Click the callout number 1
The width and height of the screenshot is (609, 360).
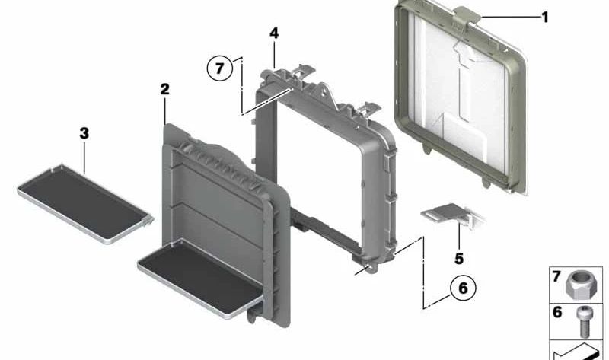pos(544,17)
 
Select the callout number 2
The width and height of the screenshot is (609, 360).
pos(164,89)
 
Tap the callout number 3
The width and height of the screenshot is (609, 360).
pos(84,133)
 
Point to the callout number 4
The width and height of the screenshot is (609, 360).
pos(274,33)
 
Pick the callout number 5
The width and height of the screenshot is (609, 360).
pos(459,258)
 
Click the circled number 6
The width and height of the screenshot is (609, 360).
pos(463,288)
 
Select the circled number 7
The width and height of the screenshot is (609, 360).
pos(220,68)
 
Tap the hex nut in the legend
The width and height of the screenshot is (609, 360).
pos(577,285)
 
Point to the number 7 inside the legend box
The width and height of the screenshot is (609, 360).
pos(556,276)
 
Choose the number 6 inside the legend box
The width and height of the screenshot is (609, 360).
pos(557,312)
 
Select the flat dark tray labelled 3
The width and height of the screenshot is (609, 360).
pos(85,204)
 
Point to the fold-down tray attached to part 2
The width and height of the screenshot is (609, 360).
pos(201,279)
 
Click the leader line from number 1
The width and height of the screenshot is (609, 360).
pos(510,17)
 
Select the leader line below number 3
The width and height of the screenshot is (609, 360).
pos(84,157)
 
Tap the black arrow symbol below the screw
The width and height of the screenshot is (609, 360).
pos(576,352)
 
